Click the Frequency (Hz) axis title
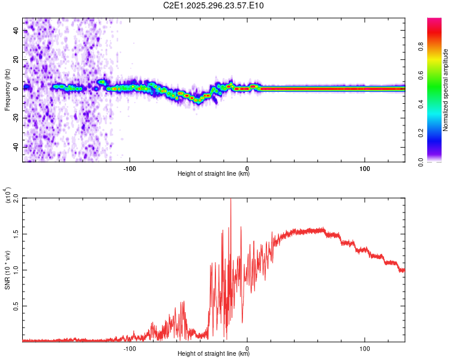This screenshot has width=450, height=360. (7, 90)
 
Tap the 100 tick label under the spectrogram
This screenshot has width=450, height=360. (365, 169)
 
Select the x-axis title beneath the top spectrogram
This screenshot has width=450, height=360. (214, 174)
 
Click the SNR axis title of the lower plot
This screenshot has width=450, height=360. (7, 270)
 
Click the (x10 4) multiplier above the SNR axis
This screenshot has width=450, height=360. (8, 196)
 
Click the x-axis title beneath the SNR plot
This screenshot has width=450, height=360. (214, 354)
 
